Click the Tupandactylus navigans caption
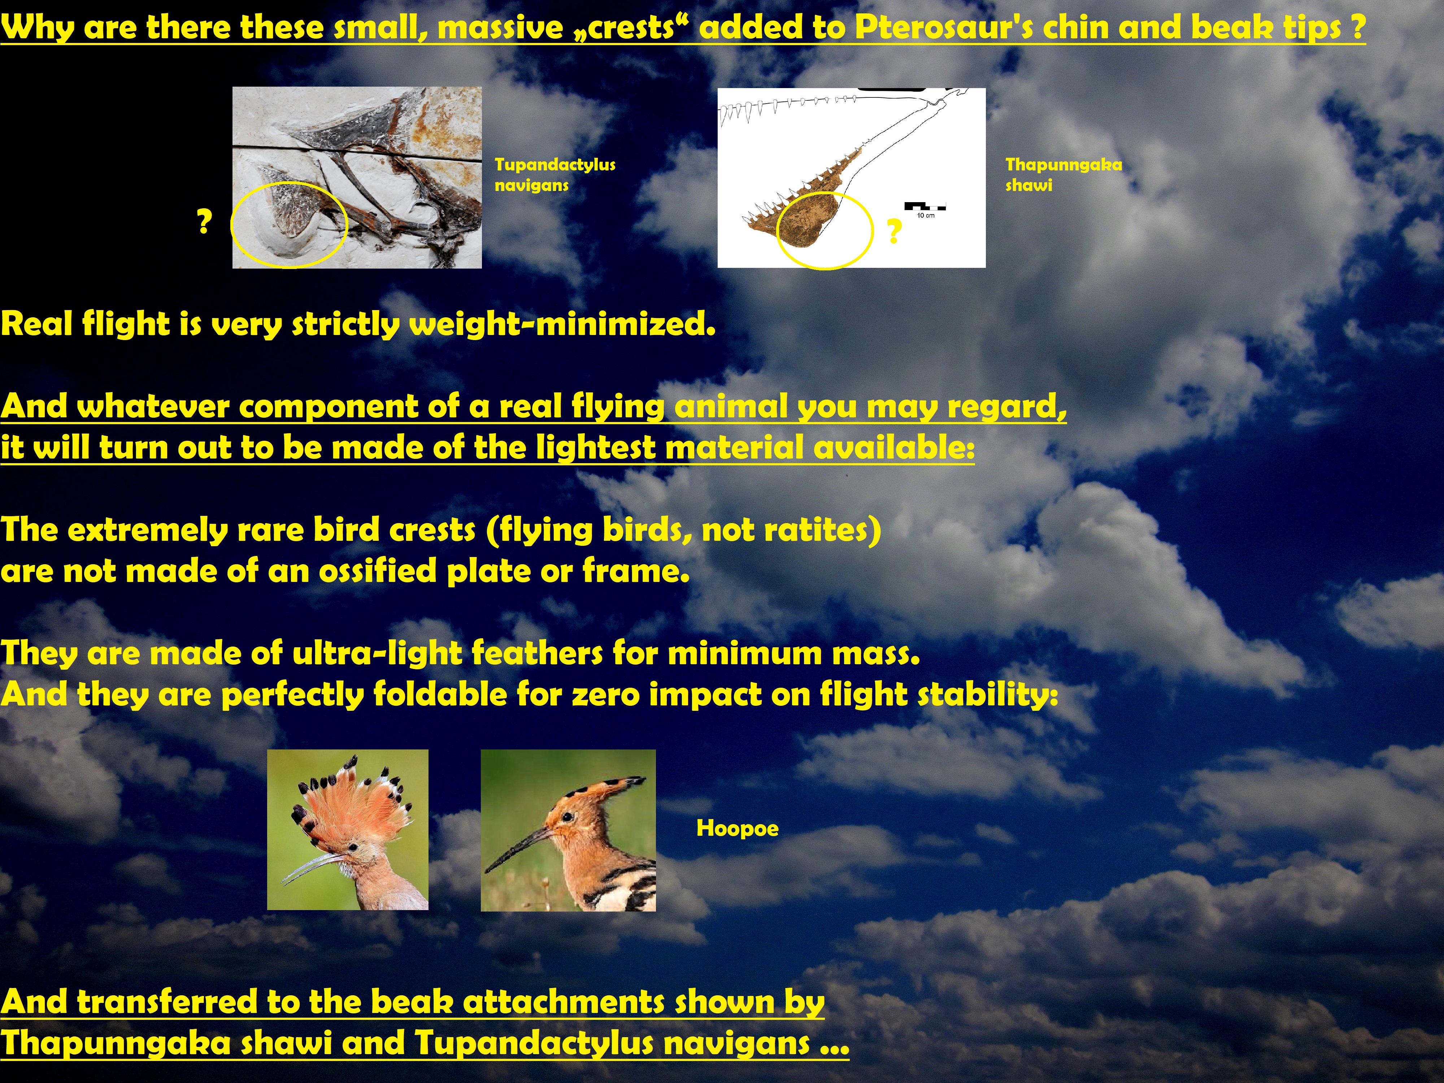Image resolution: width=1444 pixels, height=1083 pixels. pyautogui.click(x=555, y=174)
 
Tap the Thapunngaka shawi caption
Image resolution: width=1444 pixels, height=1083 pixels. pyautogui.click(x=1064, y=174)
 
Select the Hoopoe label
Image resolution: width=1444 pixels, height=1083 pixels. pyautogui.click(x=737, y=828)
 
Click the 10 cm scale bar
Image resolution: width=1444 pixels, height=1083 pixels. pyautogui.click(x=925, y=208)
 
